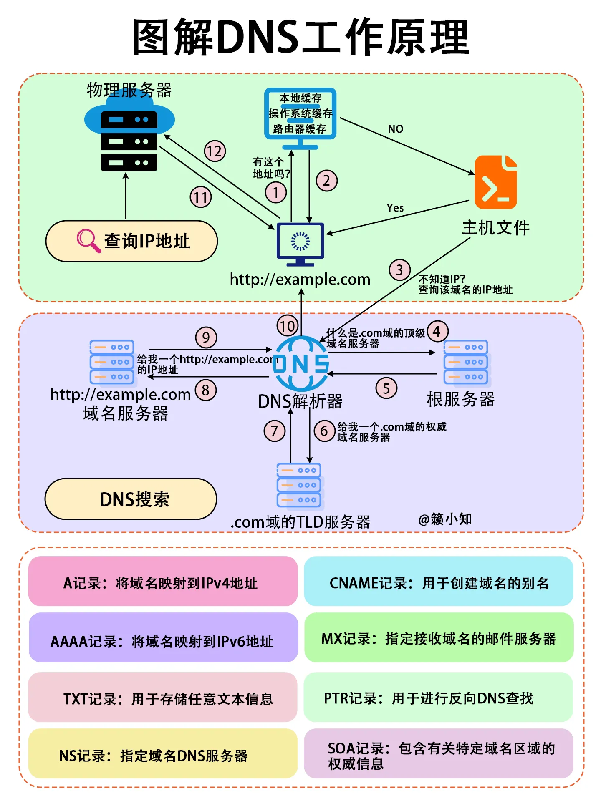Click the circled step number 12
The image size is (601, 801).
click(x=215, y=151)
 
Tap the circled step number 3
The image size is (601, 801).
click(x=399, y=270)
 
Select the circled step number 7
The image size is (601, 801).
click(x=274, y=431)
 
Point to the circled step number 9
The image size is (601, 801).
click(x=206, y=338)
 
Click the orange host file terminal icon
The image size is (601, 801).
click(x=496, y=182)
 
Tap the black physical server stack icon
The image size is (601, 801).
click(x=129, y=141)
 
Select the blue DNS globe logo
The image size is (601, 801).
click(x=300, y=363)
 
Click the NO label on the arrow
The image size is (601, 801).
click(x=395, y=129)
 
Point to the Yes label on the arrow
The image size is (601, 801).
click(x=395, y=208)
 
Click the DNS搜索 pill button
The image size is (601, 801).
click(x=131, y=499)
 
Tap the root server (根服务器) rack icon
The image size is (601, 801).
click(x=466, y=362)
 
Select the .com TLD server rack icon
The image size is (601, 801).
click(x=299, y=486)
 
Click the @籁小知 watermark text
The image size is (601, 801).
click(x=445, y=519)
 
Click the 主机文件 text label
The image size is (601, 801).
click(x=496, y=228)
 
